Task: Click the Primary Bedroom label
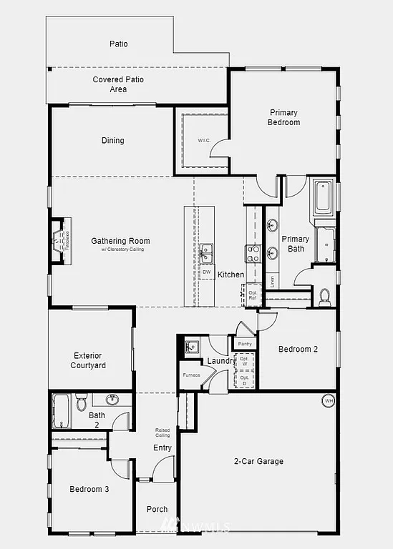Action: pos(284,117)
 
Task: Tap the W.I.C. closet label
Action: pos(202,141)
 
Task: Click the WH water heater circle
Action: pos(329,400)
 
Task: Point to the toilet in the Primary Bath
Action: pos(324,295)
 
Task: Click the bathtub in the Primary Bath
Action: pos(323,197)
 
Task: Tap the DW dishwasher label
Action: pos(206,272)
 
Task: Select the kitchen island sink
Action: pos(206,250)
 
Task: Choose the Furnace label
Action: pos(190,375)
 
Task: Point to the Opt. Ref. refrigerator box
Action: pos(253,295)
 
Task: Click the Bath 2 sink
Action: pos(112,400)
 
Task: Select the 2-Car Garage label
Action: pos(258,462)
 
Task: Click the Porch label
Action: pos(157,510)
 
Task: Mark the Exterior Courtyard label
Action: pos(88,360)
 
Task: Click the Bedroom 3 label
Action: pos(89,490)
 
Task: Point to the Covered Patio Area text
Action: pos(118,84)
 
